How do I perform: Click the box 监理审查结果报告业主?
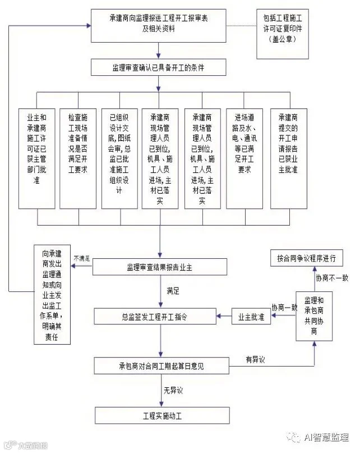coord(160,267)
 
